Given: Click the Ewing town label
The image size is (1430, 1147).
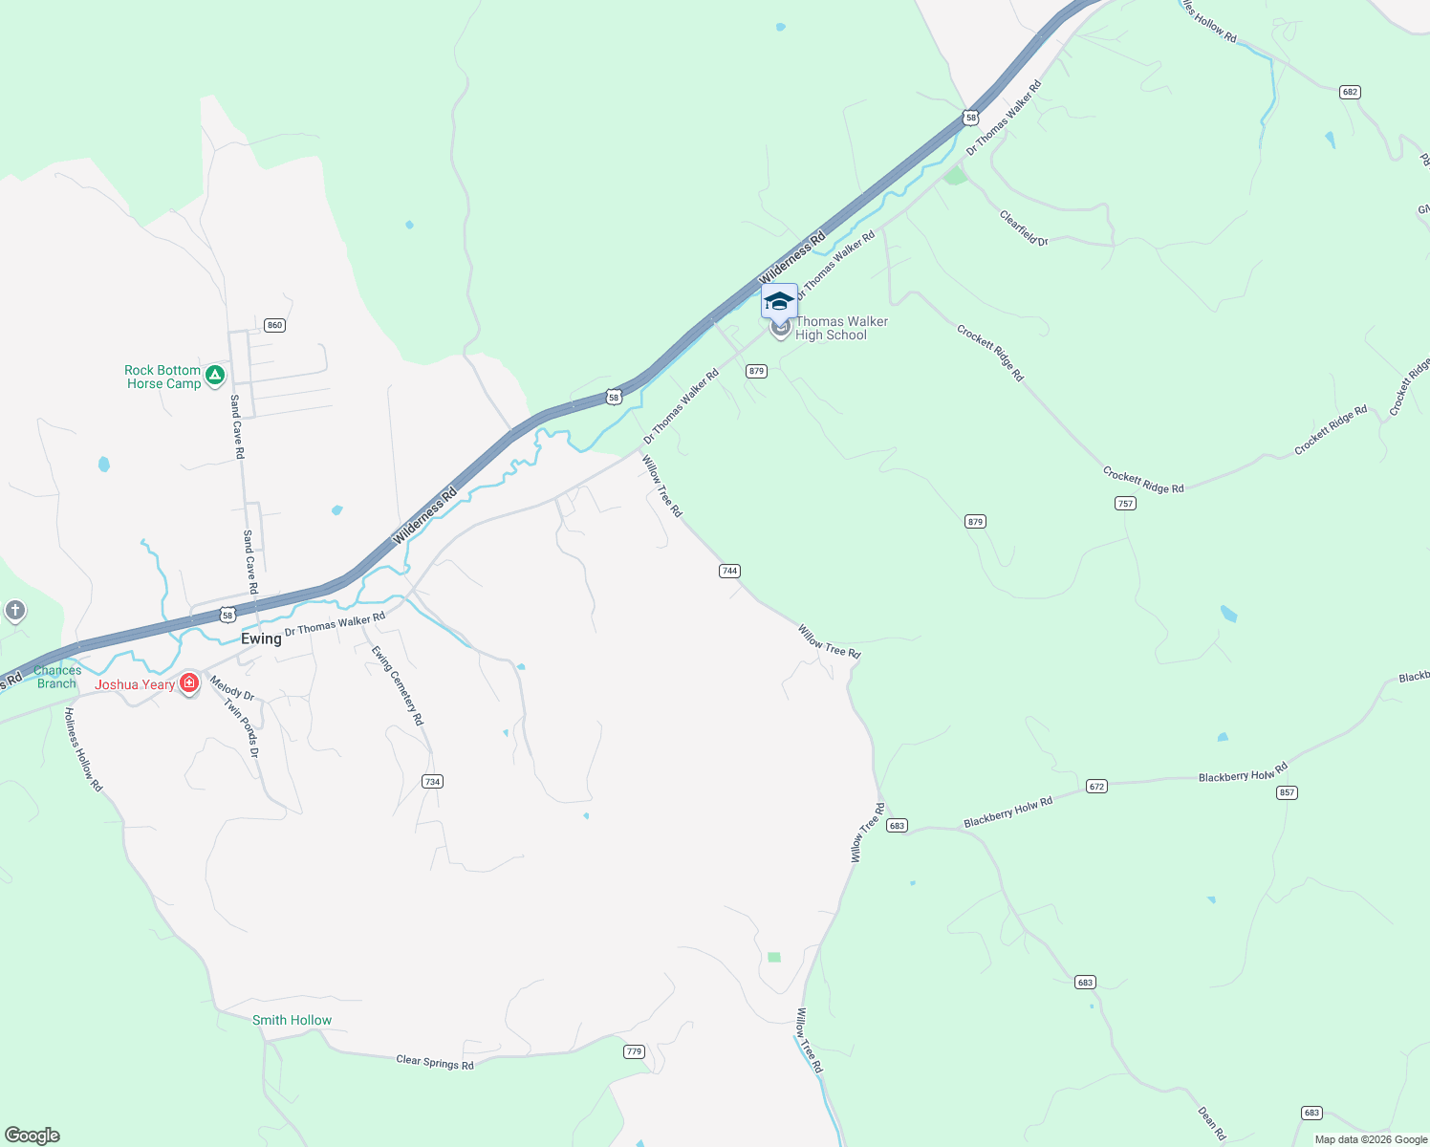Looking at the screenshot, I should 261,638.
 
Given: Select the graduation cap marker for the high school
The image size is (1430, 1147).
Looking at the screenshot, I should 779,301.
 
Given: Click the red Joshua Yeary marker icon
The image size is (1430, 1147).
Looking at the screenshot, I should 189,683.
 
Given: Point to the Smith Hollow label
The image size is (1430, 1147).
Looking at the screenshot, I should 292,1020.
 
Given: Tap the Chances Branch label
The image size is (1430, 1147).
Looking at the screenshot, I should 57,677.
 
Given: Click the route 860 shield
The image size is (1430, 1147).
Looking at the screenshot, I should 275,325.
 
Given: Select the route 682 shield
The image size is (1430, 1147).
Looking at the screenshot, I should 1350,92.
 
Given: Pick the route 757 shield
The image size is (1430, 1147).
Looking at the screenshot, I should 1125,503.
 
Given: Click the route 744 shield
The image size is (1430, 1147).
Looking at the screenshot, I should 729,571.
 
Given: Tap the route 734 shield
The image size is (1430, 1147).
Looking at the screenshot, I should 432,782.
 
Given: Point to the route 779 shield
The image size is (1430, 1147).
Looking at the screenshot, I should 634,1051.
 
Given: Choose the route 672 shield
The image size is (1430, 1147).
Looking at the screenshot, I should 1096,787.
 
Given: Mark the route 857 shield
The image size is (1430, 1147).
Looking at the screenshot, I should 1287,792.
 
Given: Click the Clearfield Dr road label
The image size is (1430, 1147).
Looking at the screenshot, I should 1024,227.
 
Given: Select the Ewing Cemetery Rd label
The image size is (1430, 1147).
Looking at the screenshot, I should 398,685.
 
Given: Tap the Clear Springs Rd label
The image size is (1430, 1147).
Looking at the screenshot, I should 435,1062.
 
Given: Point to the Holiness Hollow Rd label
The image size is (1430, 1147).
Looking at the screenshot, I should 83,749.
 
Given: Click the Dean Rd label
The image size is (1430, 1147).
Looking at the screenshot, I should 1211,1123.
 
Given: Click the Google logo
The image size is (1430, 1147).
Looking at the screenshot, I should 32,1136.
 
